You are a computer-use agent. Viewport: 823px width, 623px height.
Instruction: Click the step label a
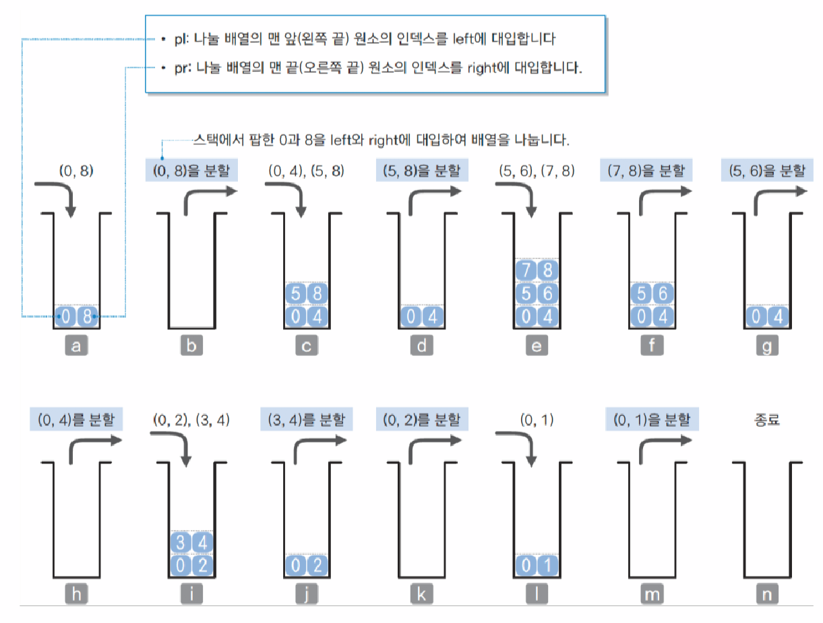tap(76, 347)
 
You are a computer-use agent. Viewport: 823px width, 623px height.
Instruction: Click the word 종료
tap(767, 419)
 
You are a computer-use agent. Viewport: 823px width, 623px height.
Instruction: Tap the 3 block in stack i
tap(181, 542)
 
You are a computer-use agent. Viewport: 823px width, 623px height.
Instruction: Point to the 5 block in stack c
tap(295, 294)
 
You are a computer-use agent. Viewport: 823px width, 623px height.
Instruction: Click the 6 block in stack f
tap(662, 294)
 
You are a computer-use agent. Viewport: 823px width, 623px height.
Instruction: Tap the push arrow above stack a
tap(65, 198)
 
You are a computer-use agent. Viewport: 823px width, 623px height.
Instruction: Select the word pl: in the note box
tap(179, 40)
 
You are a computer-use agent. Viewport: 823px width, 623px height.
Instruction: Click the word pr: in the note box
tap(179, 68)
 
